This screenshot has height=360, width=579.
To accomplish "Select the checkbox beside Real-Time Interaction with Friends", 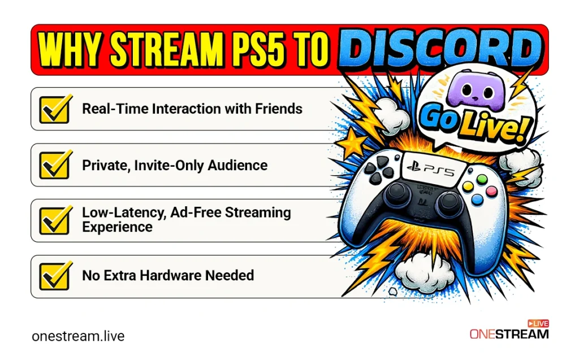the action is [55, 109].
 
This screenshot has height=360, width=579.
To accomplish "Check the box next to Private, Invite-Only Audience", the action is [55, 164].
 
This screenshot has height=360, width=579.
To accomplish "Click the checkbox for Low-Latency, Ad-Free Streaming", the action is [55, 220].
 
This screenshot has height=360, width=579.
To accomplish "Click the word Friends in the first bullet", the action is [279, 109].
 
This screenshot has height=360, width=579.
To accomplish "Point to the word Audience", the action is [237, 166].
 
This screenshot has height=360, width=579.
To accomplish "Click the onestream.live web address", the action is [78, 336].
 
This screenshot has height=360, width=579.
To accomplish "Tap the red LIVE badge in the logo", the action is [538, 323].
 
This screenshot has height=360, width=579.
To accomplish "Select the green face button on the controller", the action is [482, 180].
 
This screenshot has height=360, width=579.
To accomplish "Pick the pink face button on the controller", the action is [491, 191].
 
